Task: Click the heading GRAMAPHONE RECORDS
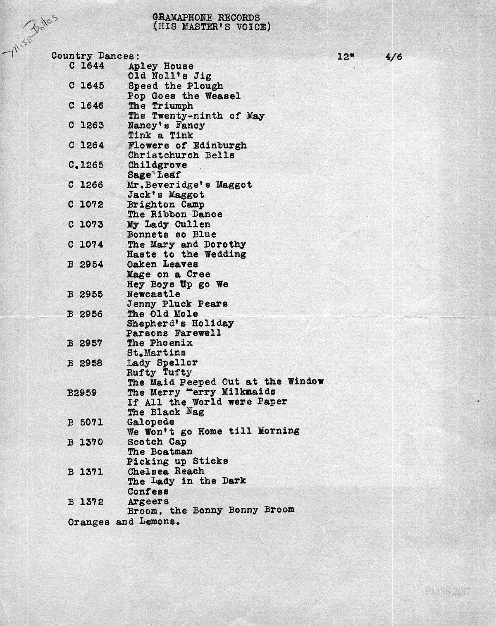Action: coord(206,18)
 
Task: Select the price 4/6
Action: coord(393,57)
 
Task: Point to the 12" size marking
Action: coord(346,57)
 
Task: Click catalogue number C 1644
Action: coord(86,66)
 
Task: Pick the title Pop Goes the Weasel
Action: coord(184,96)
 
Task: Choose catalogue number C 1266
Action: coord(86,185)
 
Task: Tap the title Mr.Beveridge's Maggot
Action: coord(190,185)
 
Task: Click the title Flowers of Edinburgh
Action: coord(187,146)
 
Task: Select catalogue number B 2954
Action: coord(86,264)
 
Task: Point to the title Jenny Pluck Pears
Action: coord(177,304)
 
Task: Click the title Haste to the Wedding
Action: coord(186,254)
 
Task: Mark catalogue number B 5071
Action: coord(86,422)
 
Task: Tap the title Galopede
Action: coord(151,422)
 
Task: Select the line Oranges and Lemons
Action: coord(124,522)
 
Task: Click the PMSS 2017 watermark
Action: coord(448,592)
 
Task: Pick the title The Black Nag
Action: coord(166,412)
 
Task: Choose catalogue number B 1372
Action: coord(86,502)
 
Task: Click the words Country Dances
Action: coord(95,56)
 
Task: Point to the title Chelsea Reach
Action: coord(166,471)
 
